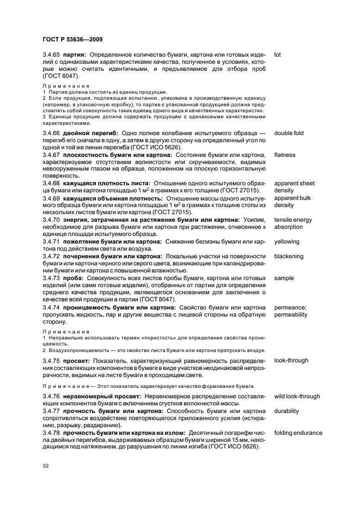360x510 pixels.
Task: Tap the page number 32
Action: pos(46,466)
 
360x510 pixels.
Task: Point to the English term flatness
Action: pos(285,155)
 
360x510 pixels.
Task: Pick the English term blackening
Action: pos(289,256)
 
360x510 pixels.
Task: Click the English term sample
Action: pos(284,278)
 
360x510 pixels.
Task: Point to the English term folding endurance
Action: pos(298,433)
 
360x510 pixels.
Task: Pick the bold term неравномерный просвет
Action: pos(105,397)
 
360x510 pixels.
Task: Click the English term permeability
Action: pos(290,314)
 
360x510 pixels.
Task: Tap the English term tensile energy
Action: pos(293,220)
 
